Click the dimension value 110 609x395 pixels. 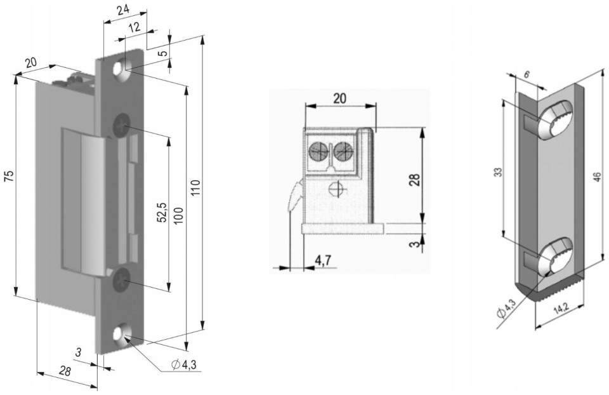tap(195, 189)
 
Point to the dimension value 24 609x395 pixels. tap(124, 10)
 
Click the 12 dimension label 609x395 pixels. tap(134, 27)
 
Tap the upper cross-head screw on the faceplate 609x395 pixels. tap(121, 126)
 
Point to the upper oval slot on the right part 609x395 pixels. tap(551, 120)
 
